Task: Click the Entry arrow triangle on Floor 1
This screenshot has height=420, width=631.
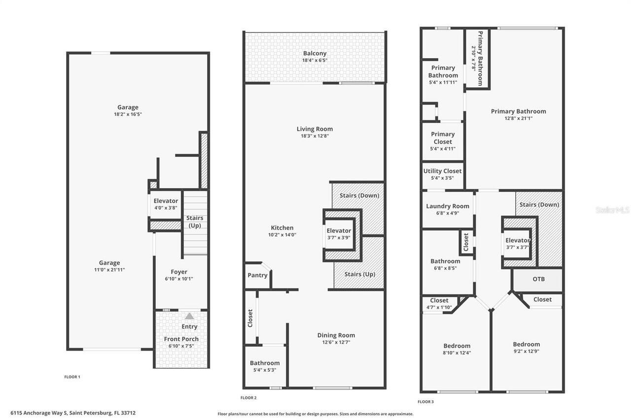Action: (x=189, y=316)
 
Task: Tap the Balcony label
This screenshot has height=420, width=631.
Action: (x=315, y=53)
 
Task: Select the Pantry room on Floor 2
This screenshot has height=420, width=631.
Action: (x=257, y=275)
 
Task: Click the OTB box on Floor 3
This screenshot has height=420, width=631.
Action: (x=538, y=279)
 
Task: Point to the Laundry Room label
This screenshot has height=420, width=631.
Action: (x=448, y=206)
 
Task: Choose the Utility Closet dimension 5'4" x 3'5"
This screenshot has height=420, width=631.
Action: (x=442, y=178)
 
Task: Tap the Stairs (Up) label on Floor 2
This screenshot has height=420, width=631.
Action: (x=360, y=274)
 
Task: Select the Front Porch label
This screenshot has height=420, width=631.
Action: (x=181, y=339)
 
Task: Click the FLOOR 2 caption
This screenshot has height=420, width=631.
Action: (x=248, y=398)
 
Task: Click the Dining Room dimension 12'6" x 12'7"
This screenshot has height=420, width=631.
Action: (x=336, y=342)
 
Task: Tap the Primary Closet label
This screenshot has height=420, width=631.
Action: (x=443, y=138)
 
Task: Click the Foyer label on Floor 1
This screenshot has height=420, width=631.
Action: (x=179, y=272)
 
